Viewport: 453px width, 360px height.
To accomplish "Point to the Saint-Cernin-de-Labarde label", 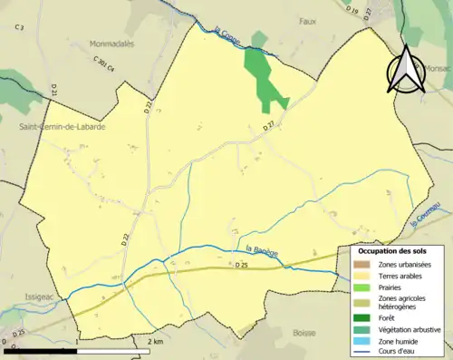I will coord(62,128).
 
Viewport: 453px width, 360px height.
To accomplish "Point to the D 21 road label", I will coord(54,90).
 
